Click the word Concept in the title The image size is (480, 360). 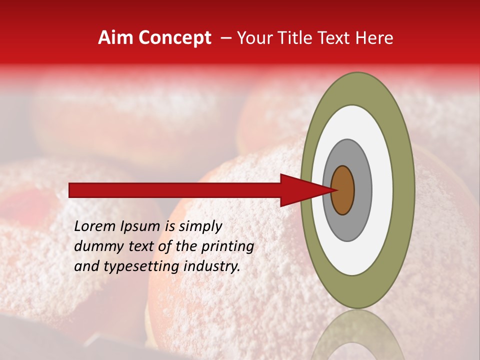(x=174, y=38)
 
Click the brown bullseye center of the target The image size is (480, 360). (x=342, y=190)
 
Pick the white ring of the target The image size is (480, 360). (x=382, y=190)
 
